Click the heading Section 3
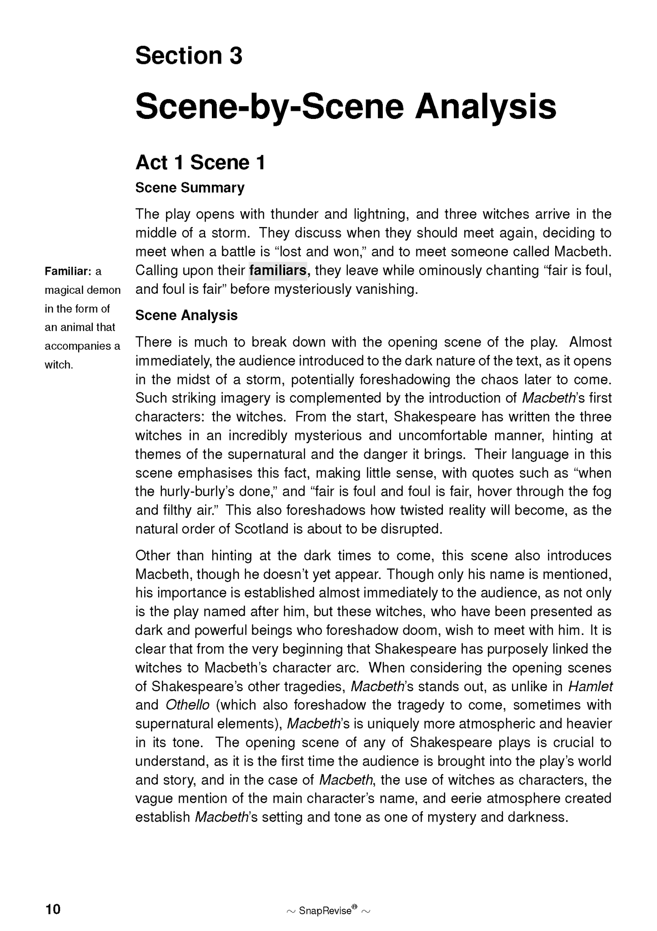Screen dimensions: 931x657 189,56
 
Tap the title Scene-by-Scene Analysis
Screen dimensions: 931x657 346,107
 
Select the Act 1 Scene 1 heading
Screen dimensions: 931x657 200,163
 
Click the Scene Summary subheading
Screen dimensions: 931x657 190,188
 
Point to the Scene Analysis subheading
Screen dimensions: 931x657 186,315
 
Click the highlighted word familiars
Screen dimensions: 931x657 278,271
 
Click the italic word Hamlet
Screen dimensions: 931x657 590,686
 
